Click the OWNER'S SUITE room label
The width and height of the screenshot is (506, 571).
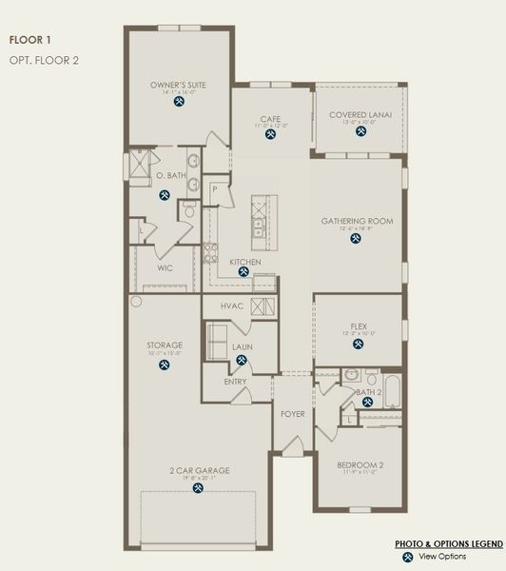point(178,85)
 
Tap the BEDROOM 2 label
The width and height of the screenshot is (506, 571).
point(360,464)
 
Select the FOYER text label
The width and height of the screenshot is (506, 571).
point(291,414)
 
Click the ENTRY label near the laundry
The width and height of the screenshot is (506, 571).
point(236,382)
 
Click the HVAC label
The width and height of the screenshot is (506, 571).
point(233,305)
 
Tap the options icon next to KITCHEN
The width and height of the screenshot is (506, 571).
point(243,271)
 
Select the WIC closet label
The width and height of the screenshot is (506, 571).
point(165,267)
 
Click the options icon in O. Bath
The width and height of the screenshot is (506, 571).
point(165,195)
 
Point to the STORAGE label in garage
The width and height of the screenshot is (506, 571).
point(165,345)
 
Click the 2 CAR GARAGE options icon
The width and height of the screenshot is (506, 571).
point(198,488)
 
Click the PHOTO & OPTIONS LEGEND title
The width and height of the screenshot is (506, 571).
point(449,542)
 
